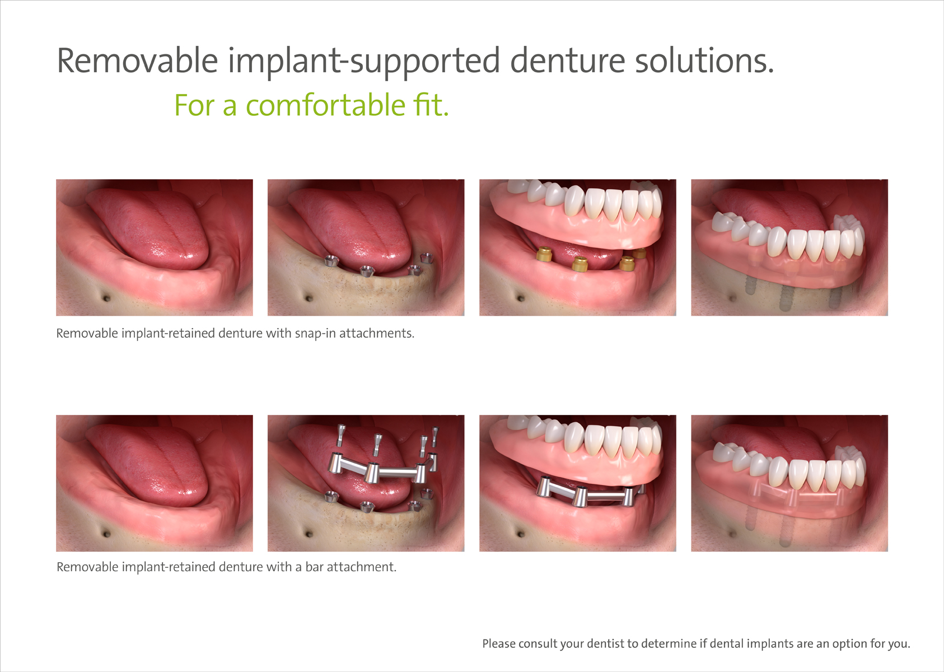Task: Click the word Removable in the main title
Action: [x=137, y=60]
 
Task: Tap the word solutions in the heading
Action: [x=704, y=60]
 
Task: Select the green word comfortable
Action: [x=325, y=105]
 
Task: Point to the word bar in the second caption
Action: [x=314, y=567]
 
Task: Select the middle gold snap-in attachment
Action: [x=580, y=264]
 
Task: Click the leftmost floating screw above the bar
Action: [x=340, y=436]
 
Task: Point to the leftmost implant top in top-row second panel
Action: [x=331, y=261]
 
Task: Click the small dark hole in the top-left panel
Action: [x=106, y=298]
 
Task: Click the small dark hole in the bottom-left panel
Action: [x=106, y=534]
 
